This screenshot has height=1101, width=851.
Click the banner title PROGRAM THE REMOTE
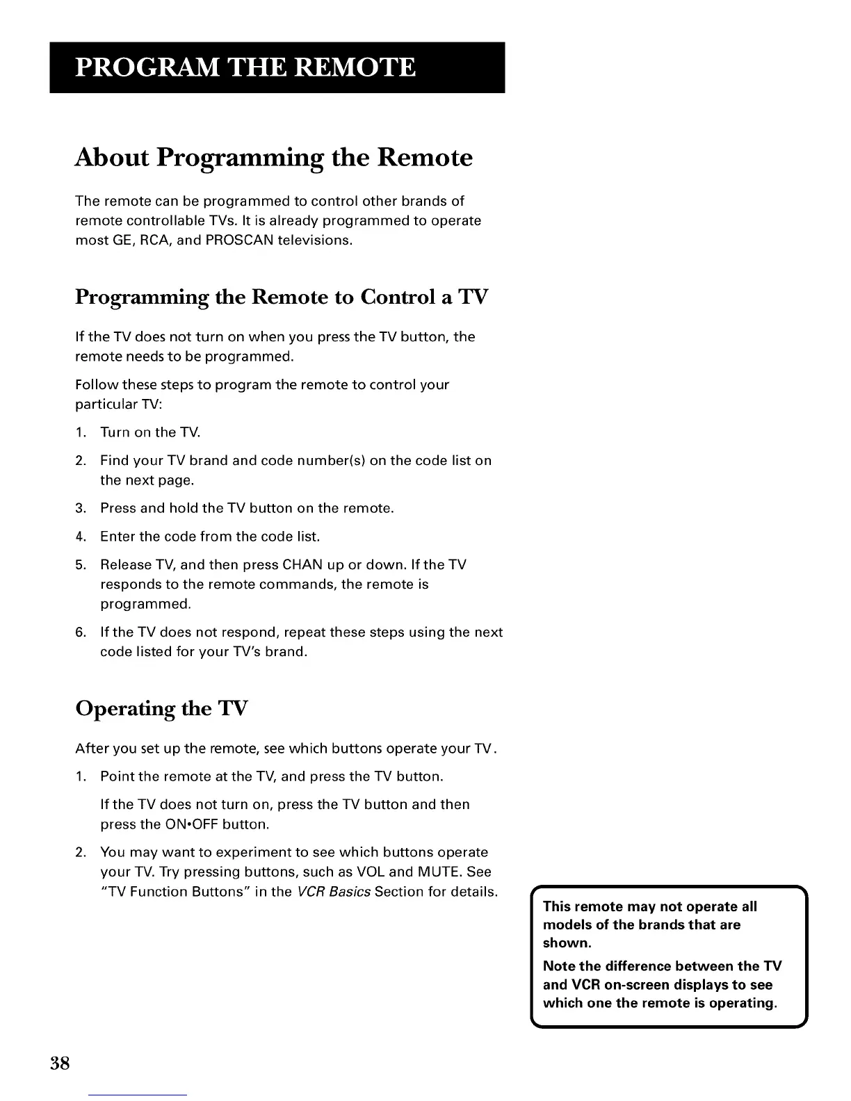245,67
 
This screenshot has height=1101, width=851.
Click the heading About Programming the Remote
273,158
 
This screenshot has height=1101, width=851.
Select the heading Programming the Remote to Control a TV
282,297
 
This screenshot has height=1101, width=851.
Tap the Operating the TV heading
161,708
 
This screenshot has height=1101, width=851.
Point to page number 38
60,1063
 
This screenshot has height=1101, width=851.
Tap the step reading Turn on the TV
150,432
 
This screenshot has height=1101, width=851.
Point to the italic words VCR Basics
333,892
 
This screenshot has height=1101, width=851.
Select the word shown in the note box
566,943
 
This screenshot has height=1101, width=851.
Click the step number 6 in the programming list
80,633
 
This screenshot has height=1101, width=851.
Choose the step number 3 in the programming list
80,508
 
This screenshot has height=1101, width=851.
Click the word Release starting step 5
123,564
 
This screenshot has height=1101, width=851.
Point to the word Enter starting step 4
116,537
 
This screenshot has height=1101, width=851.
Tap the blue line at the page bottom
138,1095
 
